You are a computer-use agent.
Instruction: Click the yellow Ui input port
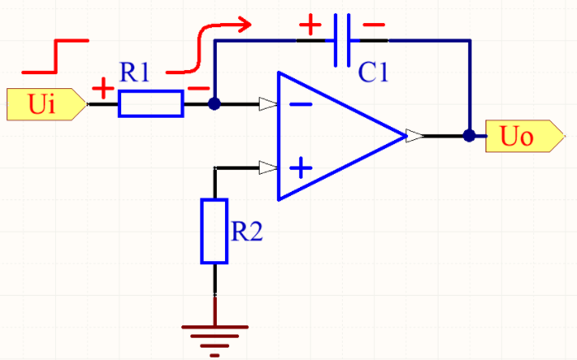(46, 104)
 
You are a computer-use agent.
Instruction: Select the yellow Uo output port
(525, 136)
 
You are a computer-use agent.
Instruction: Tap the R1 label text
(134, 72)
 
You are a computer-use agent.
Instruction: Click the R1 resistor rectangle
(151, 104)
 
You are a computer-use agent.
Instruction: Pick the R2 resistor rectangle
(214, 231)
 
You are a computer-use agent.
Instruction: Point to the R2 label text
(247, 231)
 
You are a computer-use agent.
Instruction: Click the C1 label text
(373, 72)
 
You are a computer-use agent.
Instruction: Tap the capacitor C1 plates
(342, 40)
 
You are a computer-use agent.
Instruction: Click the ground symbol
(215, 341)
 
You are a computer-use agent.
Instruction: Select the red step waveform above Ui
(55, 56)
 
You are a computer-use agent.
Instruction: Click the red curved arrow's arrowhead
(244, 24)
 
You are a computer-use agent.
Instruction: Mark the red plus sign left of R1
(103, 88)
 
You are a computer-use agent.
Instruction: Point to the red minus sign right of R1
(199, 89)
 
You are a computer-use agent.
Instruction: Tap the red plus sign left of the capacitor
(310, 25)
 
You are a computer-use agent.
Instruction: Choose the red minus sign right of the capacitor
(373, 25)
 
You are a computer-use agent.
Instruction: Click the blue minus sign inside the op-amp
(301, 105)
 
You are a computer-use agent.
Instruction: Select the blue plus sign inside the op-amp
(301, 168)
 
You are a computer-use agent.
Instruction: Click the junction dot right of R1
(214, 104)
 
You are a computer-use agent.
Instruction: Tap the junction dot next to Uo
(469, 136)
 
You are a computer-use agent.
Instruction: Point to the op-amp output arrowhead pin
(415, 136)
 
